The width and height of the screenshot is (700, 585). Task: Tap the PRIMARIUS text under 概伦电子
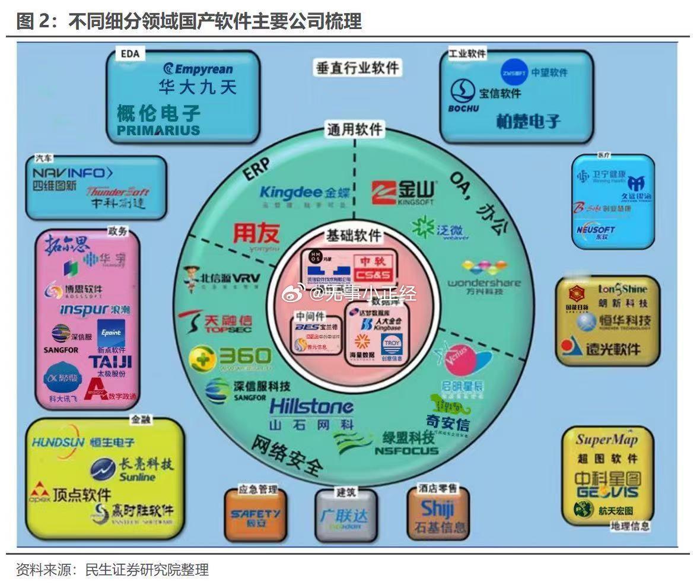coord(158,131)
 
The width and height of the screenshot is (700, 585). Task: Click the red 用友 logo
coord(256,233)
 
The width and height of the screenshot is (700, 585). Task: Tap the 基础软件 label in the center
coord(354,235)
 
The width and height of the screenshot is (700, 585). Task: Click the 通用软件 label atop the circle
coord(355,129)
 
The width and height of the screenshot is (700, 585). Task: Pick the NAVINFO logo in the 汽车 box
coord(72,173)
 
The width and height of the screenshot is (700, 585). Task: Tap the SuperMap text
coord(606,440)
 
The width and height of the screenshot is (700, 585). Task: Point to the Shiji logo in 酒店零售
coord(437,509)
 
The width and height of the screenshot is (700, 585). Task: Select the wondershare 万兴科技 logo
coord(483,278)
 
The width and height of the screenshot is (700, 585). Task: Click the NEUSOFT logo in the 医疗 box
coord(595,231)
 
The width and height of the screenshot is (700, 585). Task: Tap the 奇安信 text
coord(447,424)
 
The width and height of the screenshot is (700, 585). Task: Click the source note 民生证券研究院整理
coord(147,570)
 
